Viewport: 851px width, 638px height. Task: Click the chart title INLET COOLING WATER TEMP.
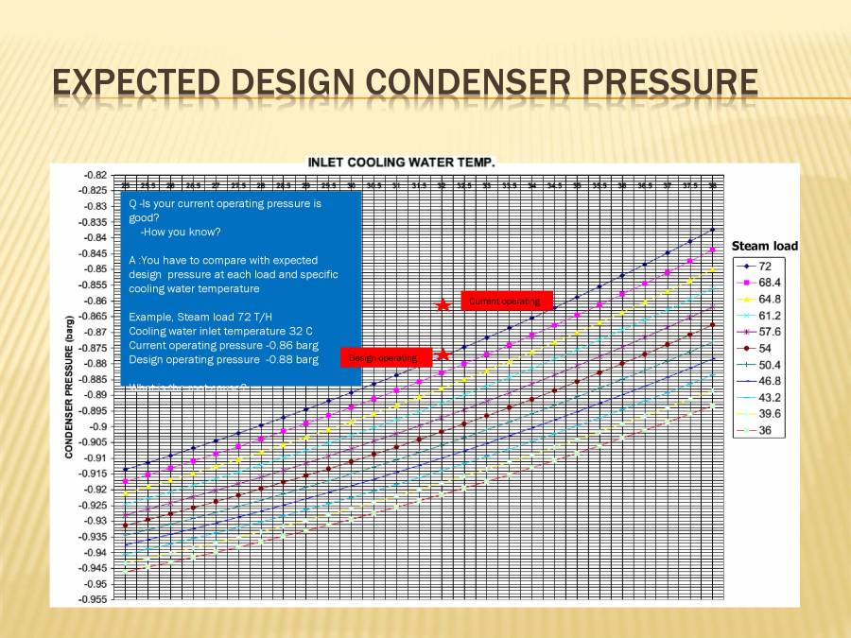click(401, 163)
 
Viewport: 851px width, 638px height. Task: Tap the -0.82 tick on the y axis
click(95, 176)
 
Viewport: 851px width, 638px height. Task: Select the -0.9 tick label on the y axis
click(97, 426)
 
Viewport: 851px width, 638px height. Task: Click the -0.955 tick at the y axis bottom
click(93, 599)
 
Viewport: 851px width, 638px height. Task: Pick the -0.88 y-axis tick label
click(95, 364)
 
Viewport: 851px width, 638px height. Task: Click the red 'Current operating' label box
click(506, 301)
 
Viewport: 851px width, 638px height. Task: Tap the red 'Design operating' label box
click(385, 357)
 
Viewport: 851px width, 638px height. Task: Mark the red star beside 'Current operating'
click(443, 304)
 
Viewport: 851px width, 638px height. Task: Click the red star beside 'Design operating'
click(443, 355)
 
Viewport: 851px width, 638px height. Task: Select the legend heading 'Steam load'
click(764, 246)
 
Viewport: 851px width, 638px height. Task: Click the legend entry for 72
click(764, 267)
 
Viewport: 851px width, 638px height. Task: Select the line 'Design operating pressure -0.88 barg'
click(223, 359)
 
